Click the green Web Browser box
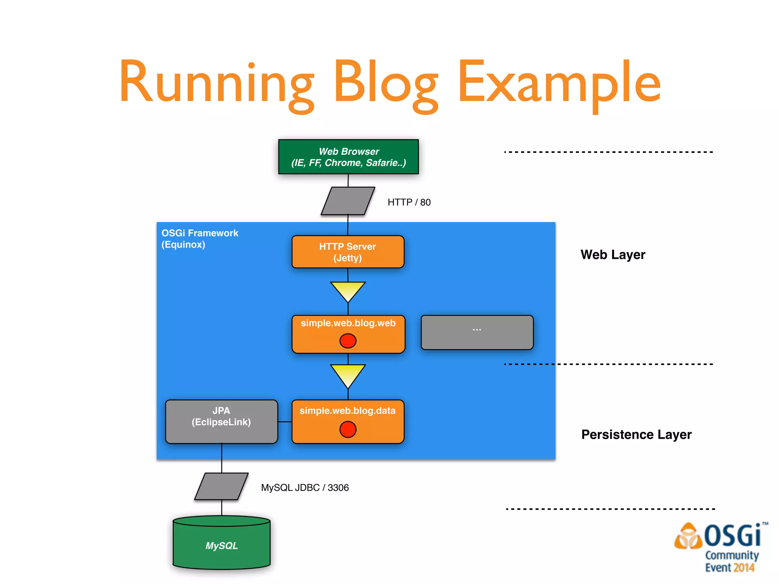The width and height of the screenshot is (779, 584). click(x=348, y=157)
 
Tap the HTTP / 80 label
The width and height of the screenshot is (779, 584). click(x=409, y=202)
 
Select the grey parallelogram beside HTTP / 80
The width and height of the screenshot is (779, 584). click(x=348, y=201)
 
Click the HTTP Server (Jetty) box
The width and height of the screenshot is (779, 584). click(x=348, y=252)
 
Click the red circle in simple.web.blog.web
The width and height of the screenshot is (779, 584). click(x=348, y=341)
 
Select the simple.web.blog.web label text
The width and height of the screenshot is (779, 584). click(x=348, y=323)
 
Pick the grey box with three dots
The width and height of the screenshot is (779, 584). click(x=477, y=332)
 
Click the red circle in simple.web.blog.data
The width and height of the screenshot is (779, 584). click(x=348, y=429)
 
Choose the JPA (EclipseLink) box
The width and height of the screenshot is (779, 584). click(x=221, y=421)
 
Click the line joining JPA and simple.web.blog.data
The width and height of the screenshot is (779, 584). click(x=285, y=422)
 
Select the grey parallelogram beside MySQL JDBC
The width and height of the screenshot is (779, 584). click(x=221, y=486)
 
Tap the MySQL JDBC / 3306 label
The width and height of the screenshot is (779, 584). click(x=305, y=487)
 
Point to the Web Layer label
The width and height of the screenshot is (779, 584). click(x=613, y=254)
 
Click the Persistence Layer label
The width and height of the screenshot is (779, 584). click(x=636, y=434)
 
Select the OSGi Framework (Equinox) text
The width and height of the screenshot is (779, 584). click(x=199, y=238)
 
